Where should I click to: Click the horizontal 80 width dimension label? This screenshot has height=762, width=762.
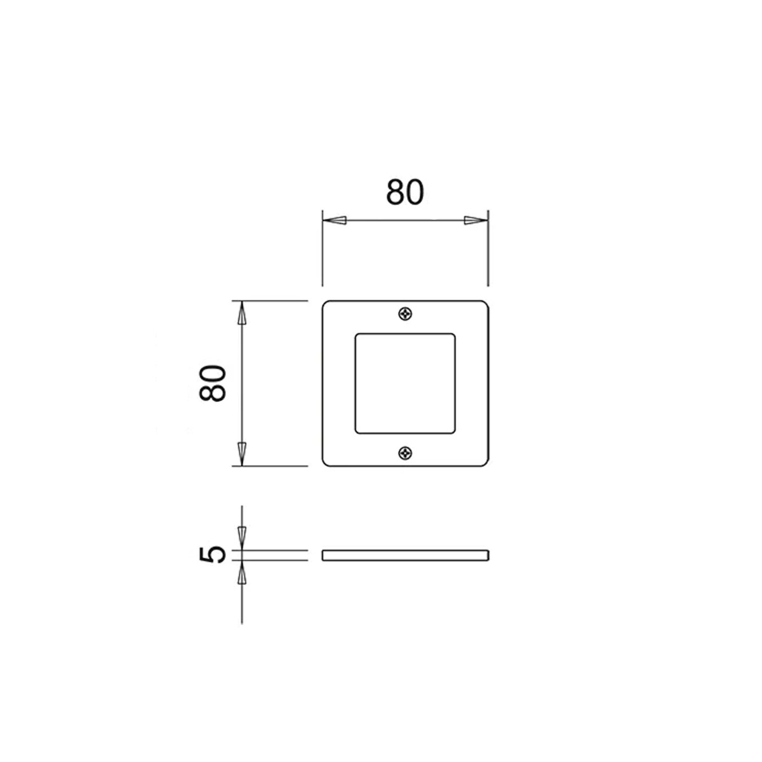(x=404, y=192)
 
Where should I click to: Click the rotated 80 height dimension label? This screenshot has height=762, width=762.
(x=213, y=383)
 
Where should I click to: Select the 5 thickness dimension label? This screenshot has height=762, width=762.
(x=213, y=554)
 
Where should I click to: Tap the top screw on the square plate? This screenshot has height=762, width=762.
(x=405, y=314)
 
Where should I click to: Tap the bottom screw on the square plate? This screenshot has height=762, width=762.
(x=405, y=453)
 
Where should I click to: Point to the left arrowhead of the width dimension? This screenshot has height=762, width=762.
(x=335, y=220)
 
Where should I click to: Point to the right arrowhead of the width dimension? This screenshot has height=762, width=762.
(x=476, y=220)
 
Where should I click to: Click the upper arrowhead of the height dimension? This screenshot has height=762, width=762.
(x=242, y=313)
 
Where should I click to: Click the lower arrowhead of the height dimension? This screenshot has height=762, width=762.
(x=242, y=454)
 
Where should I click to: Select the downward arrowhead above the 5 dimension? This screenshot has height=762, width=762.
(x=242, y=538)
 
